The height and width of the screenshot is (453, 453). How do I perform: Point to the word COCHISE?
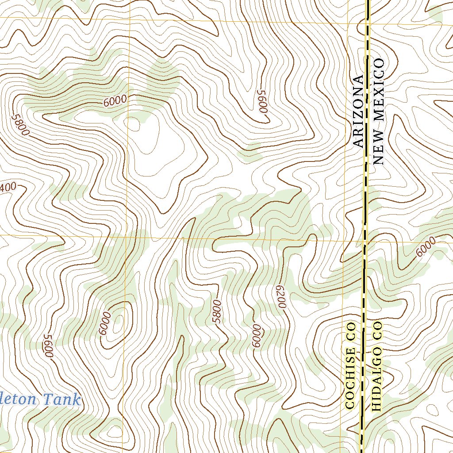click(x=350, y=378)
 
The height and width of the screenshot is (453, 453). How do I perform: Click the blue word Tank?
click(x=62, y=399)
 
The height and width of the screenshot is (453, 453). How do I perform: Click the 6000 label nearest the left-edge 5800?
click(x=115, y=101)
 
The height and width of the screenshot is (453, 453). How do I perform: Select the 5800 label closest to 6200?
click(x=216, y=312)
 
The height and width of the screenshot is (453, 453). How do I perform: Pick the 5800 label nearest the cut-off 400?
click(x=21, y=126)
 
